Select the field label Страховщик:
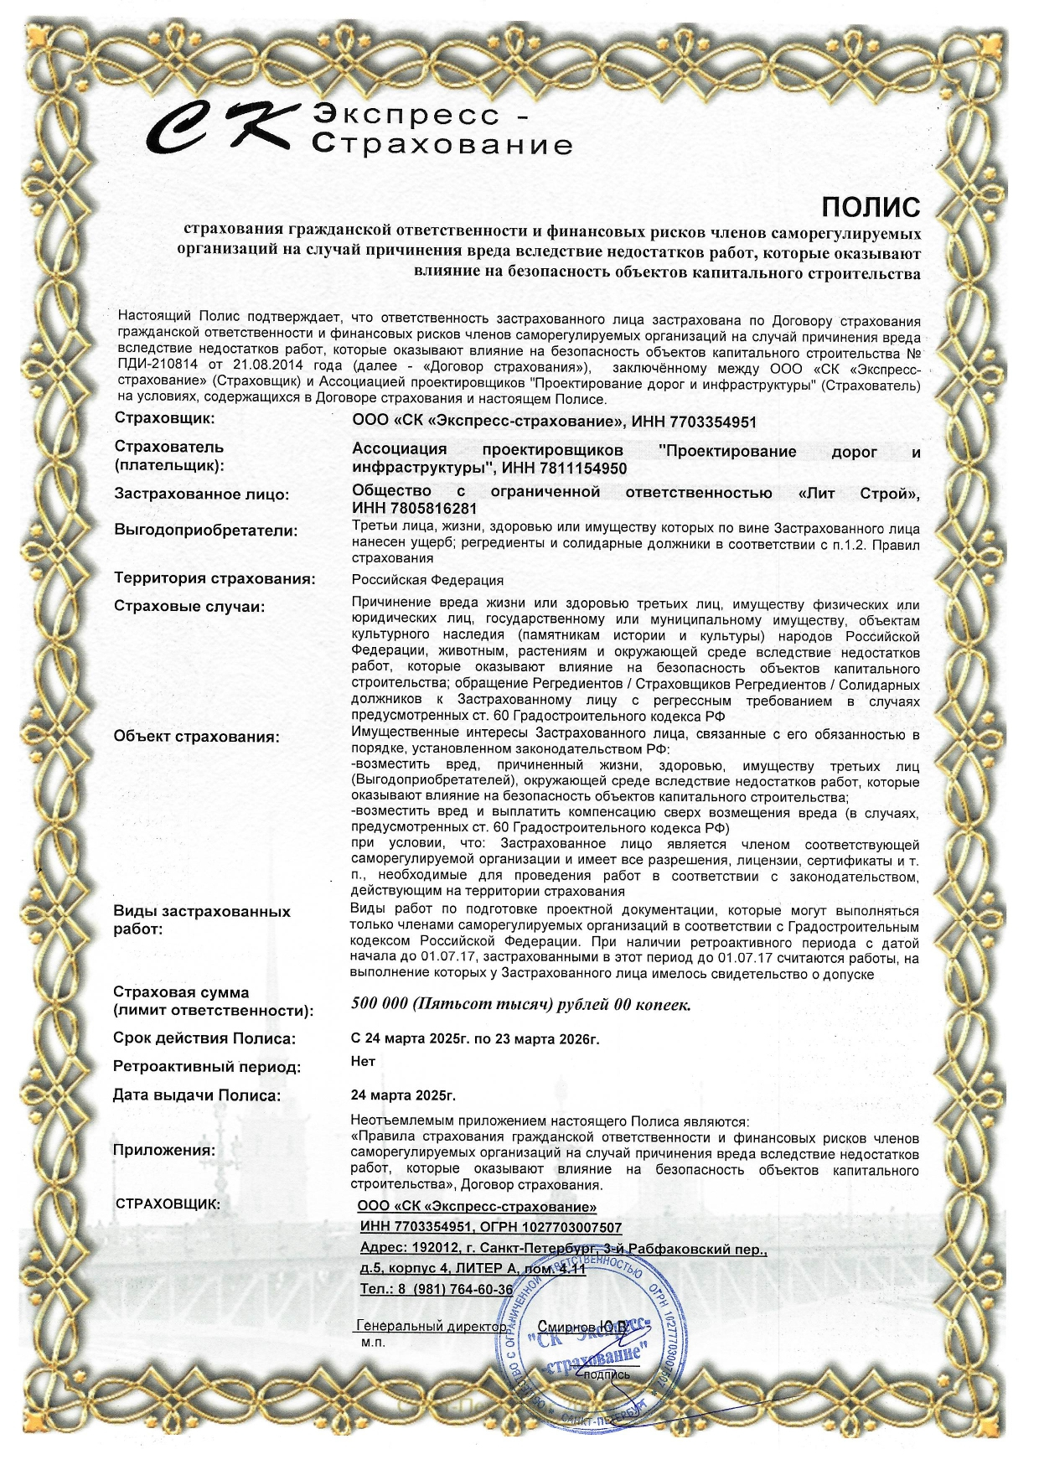point(164,418)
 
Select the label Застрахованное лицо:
point(201,494)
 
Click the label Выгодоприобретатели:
point(205,531)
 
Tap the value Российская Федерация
point(427,580)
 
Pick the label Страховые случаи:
point(189,607)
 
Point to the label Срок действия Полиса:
point(204,1038)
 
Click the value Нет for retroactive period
point(363,1060)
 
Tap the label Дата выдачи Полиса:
point(197,1095)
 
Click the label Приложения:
point(163,1151)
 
